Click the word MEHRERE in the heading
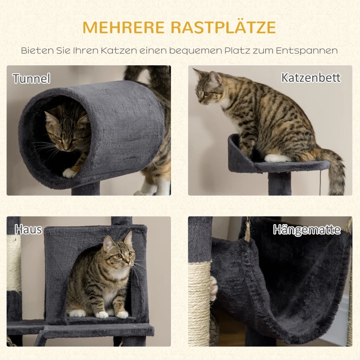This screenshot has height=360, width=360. point(123,27)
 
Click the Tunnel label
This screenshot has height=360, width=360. point(31,79)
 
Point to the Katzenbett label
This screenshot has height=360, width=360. point(311,77)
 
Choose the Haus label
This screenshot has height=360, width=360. point(28,229)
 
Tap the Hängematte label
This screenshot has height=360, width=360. point(306,230)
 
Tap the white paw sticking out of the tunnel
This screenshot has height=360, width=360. point(69,172)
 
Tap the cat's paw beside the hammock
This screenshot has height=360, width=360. point(213,288)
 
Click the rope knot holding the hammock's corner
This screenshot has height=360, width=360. point(247,230)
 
